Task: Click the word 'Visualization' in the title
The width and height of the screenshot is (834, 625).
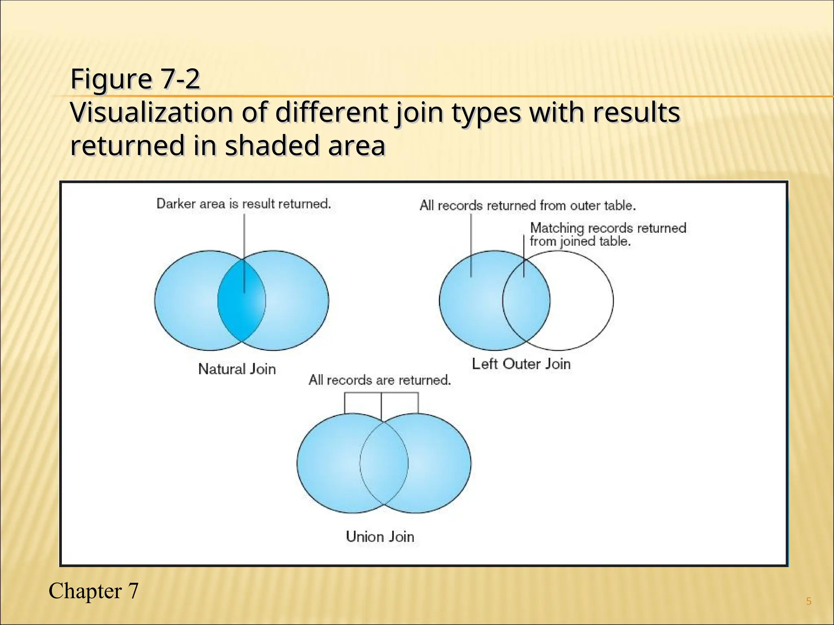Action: point(151,113)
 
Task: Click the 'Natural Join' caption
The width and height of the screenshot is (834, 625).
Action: point(237,369)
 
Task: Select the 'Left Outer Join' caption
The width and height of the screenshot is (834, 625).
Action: point(521,364)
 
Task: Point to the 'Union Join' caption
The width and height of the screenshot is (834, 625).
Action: point(380,537)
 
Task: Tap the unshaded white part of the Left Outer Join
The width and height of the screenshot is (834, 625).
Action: point(582,301)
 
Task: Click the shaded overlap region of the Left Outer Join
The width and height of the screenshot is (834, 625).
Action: point(526,301)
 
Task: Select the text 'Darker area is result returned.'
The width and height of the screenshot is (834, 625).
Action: point(244,203)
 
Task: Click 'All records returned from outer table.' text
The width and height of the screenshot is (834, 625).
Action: point(527,205)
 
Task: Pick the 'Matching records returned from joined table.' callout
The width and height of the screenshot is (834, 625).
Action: point(608,234)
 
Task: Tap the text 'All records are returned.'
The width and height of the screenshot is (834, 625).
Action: point(380,380)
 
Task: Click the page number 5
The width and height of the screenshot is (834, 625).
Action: point(809,601)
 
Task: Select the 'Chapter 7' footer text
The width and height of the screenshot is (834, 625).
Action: point(93,591)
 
